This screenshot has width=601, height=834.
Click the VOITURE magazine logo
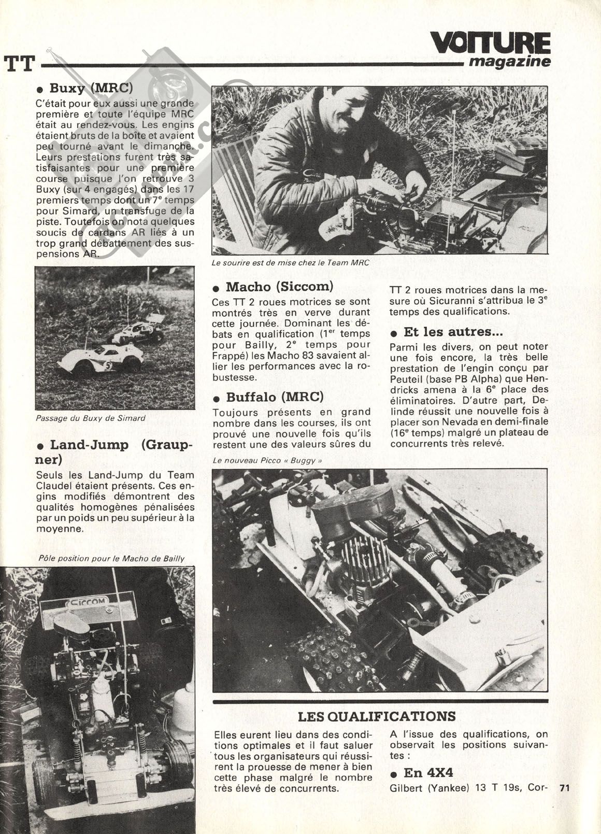[x=490, y=50]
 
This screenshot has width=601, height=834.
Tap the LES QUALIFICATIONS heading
[x=377, y=716]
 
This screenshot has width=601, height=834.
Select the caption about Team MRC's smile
[x=290, y=263]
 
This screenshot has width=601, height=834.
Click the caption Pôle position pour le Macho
[x=111, y=558]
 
